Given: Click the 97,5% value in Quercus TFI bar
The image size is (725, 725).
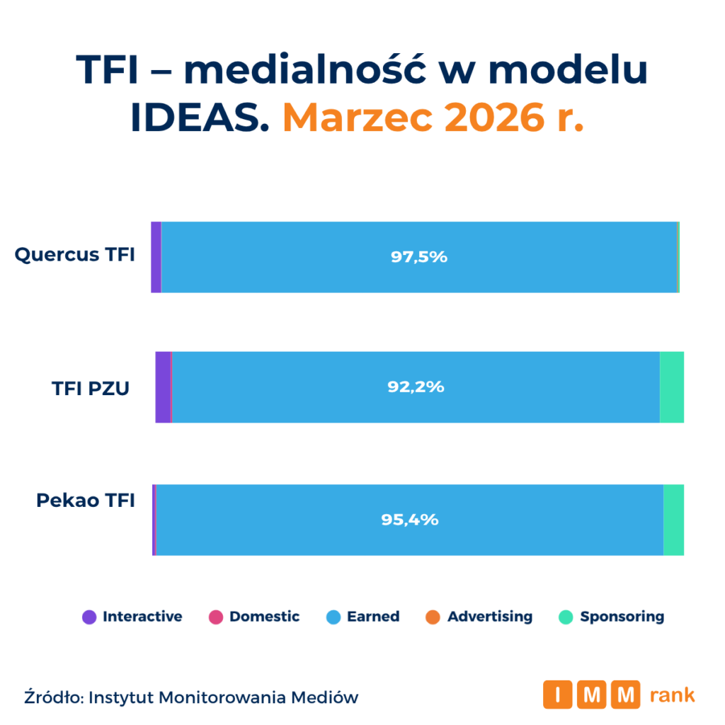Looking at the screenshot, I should coord(419,257).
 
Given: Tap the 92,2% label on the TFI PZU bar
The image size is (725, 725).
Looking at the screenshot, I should coord(416,387).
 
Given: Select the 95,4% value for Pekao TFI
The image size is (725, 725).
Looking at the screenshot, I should coord(410,520).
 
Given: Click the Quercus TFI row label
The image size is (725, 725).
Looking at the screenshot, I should coord(75,255).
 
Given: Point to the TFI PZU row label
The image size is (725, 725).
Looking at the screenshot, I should coord(91,388).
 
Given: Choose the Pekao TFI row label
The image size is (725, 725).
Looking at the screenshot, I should coord(86,501).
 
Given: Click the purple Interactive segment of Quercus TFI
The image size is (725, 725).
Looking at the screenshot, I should coord(156,257).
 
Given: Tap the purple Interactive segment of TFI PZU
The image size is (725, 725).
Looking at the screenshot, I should coord(163,387).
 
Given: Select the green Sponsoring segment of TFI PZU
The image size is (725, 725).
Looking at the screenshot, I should coord(671,387).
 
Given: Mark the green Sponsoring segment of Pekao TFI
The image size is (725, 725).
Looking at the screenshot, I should coord(673,520).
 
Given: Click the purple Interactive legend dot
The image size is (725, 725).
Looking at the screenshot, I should coord(89,617).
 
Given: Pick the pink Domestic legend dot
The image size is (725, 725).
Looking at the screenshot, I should coord(216,617).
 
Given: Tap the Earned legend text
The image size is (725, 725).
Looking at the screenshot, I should coord(372,617).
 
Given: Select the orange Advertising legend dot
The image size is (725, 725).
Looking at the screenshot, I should coord(434,617).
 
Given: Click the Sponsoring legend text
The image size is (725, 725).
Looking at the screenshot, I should coord(622,617).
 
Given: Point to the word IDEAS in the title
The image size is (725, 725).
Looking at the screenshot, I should coord(200,117).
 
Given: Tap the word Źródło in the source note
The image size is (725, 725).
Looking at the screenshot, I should coord(54,697).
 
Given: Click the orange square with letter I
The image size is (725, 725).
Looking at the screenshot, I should coord(558,695).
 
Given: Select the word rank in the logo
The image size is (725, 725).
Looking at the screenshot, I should coord(672,695).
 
